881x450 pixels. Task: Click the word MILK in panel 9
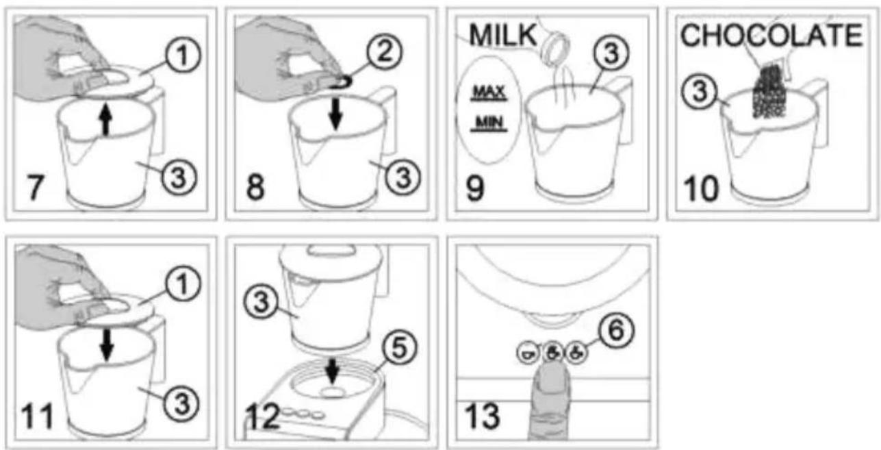coord(502,35)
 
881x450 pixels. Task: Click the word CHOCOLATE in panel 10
coord(771,35)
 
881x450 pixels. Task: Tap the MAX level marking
coord(489,93)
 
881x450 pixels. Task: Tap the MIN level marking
coord(489,123)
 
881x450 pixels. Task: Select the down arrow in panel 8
coord(335,114)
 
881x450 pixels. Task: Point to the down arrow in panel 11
coord(106,345)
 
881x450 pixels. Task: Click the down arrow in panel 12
coord(333,371)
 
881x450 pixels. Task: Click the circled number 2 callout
coord(385,52)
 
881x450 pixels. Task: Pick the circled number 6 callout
coord(616,330)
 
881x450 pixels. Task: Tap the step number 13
coord(482,416)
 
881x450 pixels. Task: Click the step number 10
coord(701,189)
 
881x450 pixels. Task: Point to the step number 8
coord(255,188)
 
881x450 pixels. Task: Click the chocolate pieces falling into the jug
coord(769,91)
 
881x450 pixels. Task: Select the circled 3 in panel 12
coord(261,302)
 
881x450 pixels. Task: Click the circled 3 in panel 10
coord(700,91)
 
